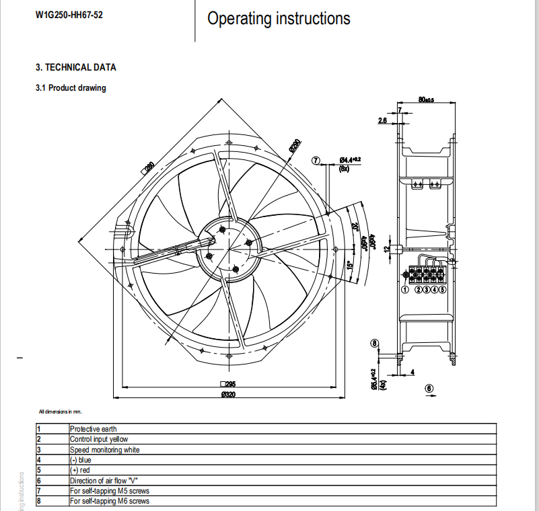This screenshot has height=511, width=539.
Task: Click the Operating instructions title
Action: click(x=279, y=18)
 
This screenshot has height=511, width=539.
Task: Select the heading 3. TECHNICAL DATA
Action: click(x=75, y=67)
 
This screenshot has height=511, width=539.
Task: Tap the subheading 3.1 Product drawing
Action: click(x=71, y=88)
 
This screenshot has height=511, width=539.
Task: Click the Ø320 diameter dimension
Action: click(x=228, y=395)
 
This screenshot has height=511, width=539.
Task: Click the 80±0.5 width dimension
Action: click(x=426, y=100)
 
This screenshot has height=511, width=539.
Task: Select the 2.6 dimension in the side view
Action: click(x=382, y=120)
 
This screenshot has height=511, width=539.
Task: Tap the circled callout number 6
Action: click(x=429, y=388)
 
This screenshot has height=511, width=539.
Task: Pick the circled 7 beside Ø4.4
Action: click(x=316, y=160)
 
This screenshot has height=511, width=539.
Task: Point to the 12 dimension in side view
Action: click(x=387, y=249)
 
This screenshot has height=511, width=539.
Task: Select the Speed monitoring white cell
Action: click(x=104, y=450)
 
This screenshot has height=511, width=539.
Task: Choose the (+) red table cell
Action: click(x=80, y=471)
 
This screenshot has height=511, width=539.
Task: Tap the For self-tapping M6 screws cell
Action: click(x=109, y=501)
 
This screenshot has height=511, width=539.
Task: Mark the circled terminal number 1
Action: click(x=405, y=290)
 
